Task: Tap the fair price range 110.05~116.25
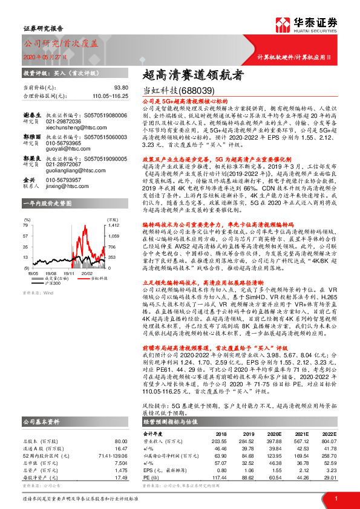point(111,96)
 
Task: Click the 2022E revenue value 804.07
point(329,441)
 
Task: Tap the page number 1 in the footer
point(335,499)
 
